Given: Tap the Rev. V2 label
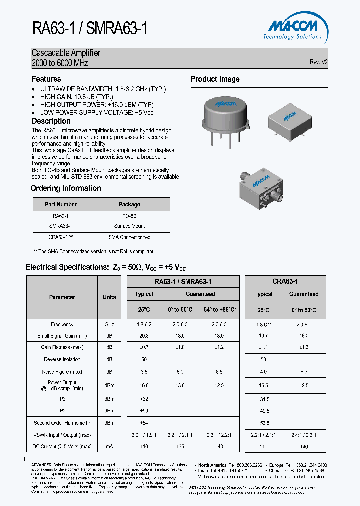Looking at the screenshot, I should pos(318,62).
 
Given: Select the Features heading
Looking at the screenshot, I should pos(46,79).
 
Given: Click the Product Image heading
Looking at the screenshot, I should pos(215,79).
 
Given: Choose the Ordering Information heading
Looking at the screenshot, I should pos(66,188).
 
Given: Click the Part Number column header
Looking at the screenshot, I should pos(61,204).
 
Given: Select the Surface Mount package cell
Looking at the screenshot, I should pos(129,226).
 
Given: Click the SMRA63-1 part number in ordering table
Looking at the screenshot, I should pos(61,226).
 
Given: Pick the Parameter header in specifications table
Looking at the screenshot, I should pos(62,297).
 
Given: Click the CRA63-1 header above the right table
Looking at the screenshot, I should pos(285,282).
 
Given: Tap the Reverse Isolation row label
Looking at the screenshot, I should pos(62,360).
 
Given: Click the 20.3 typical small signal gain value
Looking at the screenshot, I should pos(144,336).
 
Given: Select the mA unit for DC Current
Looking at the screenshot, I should pos(109,447).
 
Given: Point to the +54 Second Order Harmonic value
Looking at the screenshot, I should pos(144,423).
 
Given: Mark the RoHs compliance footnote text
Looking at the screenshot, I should pos(94,252).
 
